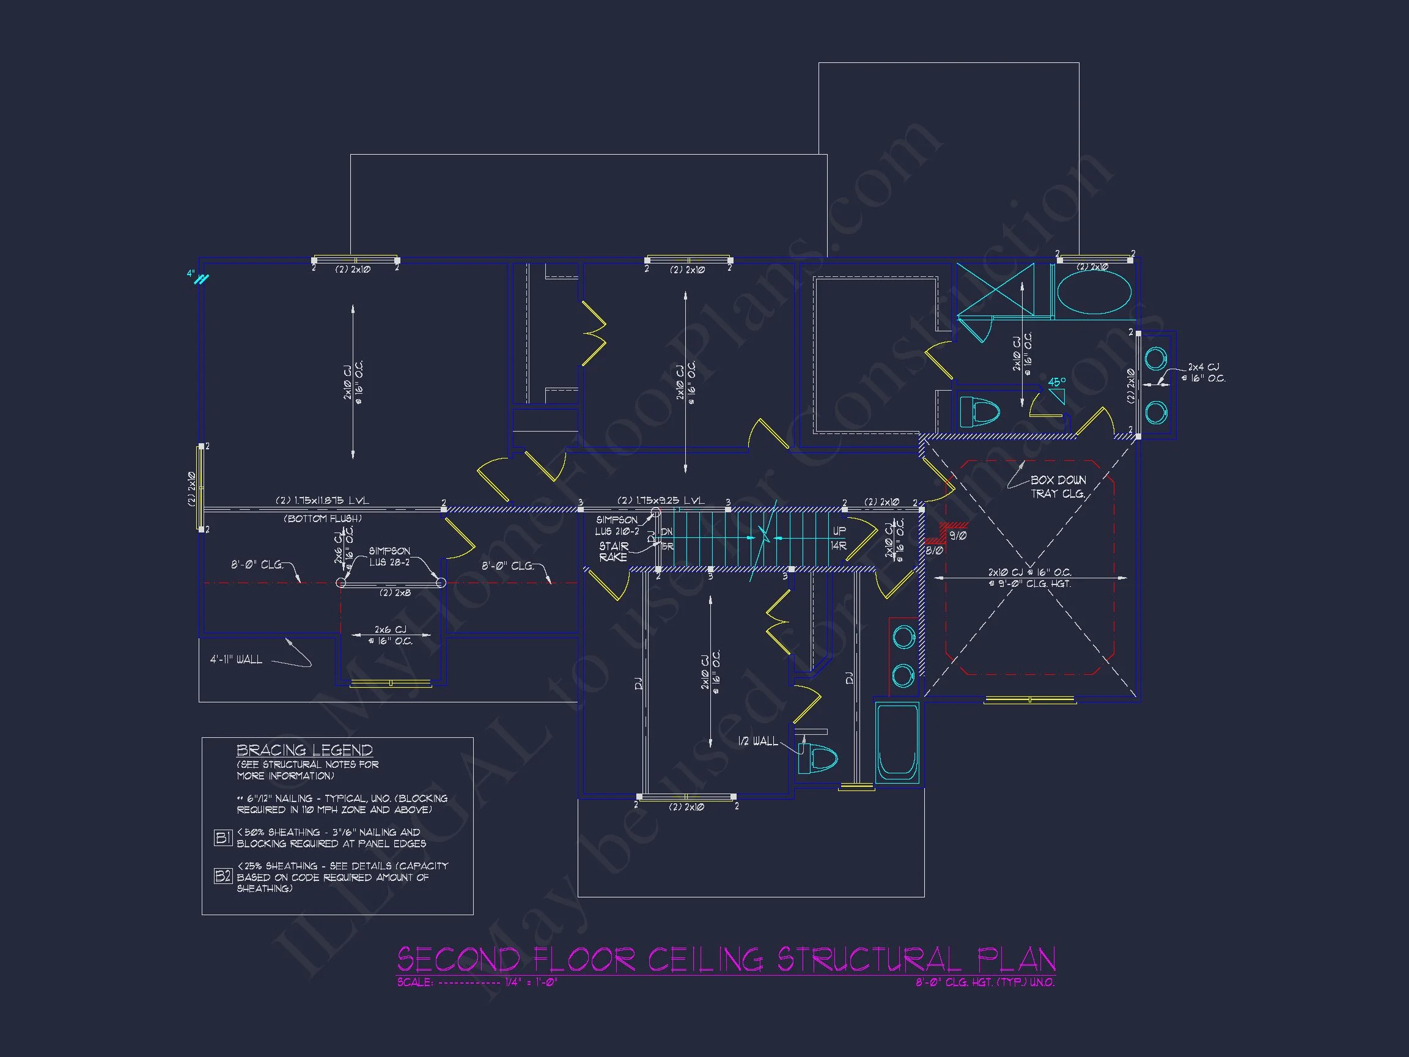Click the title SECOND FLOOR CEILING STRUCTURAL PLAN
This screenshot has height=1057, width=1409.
(726, 959)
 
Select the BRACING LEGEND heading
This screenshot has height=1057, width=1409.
(304, 750)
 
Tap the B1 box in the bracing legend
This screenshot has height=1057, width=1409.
(223, 838)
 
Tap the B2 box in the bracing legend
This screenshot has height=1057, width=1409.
(223, 877)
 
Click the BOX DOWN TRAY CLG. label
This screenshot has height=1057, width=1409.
(1058, 487)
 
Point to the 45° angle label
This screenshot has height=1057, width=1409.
(1057, 382)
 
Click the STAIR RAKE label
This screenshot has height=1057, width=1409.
(613, 552)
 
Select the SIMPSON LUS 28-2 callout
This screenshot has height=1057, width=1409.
(389, 556)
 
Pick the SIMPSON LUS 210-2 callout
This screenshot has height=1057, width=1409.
(617, 526)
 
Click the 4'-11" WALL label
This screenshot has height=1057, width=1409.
(237, 660)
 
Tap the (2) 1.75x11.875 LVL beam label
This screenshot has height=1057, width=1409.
(322, 501)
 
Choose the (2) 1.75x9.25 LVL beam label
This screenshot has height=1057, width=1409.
(661, 501)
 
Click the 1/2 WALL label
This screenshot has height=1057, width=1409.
(757, 741)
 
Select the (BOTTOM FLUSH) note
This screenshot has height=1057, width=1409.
(322, 518)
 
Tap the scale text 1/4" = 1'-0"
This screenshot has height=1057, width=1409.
(531, 982)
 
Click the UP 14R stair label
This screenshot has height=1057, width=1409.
(839, 539)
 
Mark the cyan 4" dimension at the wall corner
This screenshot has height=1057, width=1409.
(191, 274)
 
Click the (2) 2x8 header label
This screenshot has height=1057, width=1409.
(395, 593)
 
